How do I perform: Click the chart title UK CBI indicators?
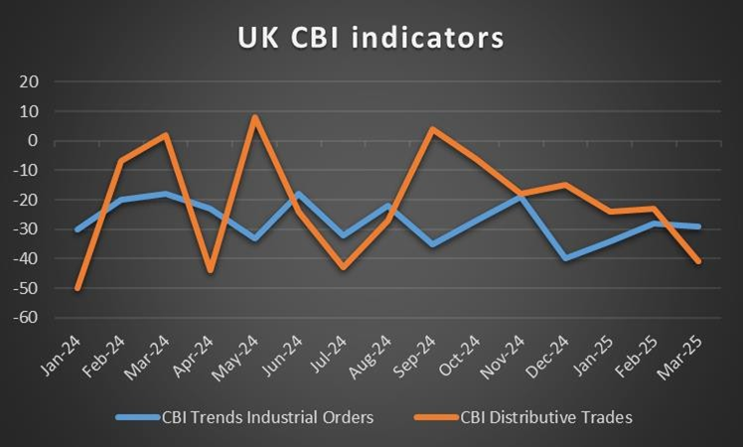pyautogui.click(x=371, y=38)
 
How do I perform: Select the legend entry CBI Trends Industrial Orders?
pyautogui.click(x=266, y=417)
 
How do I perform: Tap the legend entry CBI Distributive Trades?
pyautogui.click(x=547, y=417)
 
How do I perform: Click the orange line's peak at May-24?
pyautogui.click(x=254, y=117)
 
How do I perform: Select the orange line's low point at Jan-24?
pyautogui.click(x=77, y=288)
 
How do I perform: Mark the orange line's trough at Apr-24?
pyautogui.click(x=211, y=271)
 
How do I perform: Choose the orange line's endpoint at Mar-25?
pyautogui.click(x=698, y=261)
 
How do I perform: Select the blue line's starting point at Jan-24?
pyautogui.click(x=77, y=229)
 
